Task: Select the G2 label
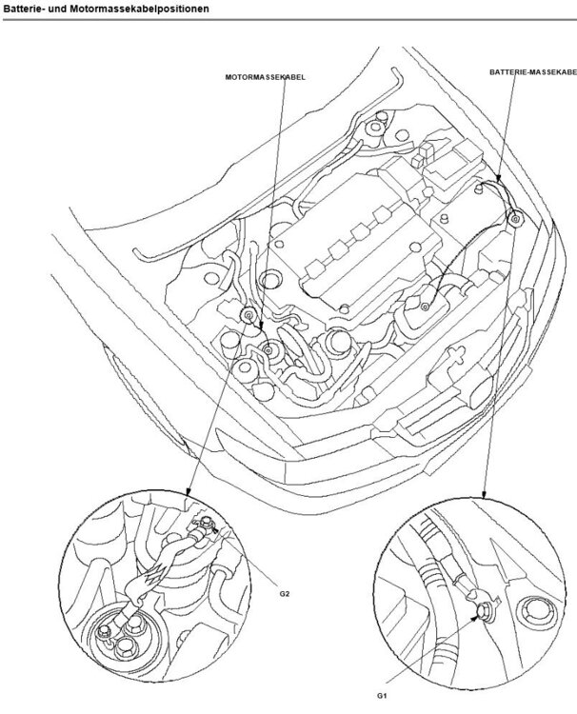(285, 592)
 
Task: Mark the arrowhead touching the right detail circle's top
(485, 495)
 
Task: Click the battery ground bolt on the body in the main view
(515, 219)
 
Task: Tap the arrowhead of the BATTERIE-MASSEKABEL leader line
(496, 177)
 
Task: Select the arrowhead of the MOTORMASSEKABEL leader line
(258, 327)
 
